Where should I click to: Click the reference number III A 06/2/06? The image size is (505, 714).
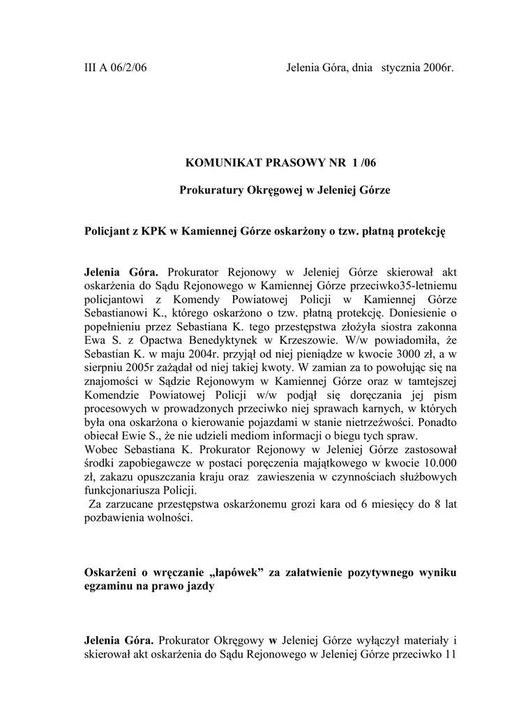115,68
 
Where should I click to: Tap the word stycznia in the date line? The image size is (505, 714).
400,68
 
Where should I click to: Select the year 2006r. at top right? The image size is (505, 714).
438,68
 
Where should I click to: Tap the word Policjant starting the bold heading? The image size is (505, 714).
110,230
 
